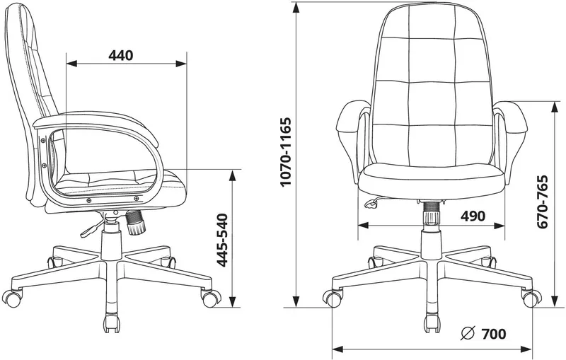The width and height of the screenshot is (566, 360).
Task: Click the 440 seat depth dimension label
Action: [122, 54]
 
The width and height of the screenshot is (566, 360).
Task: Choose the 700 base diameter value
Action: [493, 334]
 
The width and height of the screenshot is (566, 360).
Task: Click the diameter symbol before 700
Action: [466, 334]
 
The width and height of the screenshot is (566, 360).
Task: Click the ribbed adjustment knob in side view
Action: [135, 223]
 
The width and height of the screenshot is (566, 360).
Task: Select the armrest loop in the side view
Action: [99, 159]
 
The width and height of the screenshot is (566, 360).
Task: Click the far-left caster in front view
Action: [332, 298]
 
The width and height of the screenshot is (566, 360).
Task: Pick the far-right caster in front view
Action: [530, 298]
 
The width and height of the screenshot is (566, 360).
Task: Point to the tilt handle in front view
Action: [369, 204]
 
